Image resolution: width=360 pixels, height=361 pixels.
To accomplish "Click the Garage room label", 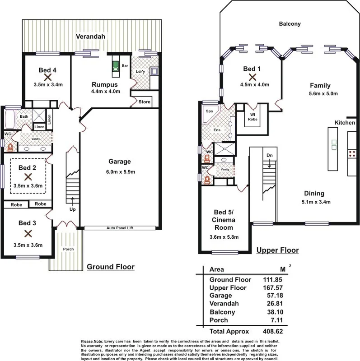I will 119,162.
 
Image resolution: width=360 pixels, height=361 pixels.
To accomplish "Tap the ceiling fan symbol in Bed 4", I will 47,77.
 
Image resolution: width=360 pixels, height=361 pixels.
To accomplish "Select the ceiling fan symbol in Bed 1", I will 252,77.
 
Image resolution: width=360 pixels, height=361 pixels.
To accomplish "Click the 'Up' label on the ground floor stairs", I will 72,210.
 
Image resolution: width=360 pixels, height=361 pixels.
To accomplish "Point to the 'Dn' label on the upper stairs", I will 270,156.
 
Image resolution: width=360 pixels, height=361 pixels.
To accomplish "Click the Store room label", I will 144,102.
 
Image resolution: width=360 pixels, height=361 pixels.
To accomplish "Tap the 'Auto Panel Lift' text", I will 119,228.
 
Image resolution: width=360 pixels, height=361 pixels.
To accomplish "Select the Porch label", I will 68,249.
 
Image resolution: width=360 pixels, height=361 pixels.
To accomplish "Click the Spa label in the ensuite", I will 209,111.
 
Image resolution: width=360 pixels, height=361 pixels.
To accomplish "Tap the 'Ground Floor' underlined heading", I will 110,267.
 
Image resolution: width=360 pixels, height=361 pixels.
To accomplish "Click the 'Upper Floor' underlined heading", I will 277,250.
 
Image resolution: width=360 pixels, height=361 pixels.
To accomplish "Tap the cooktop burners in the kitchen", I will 352,153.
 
